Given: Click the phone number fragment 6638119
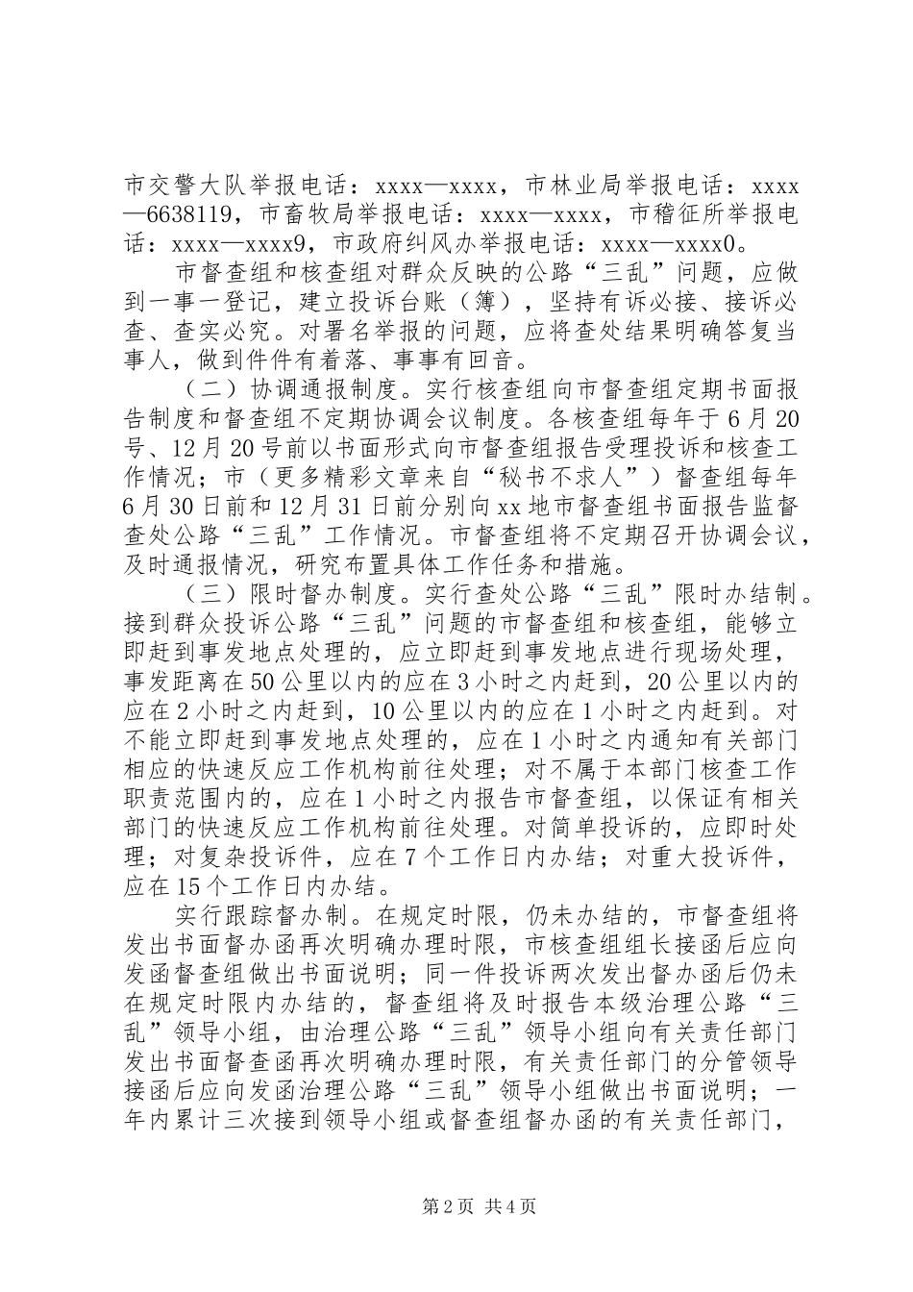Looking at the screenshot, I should pos(193,211).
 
